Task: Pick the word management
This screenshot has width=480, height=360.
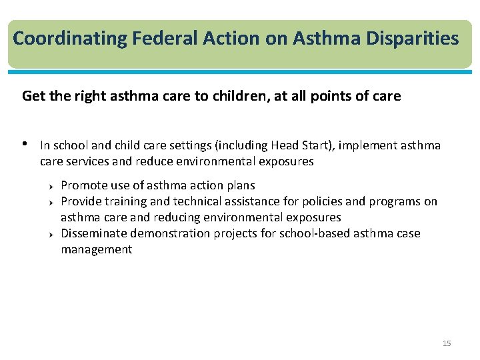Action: click(x=96, y=249)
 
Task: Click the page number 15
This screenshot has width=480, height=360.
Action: click(x=447, y=343)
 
